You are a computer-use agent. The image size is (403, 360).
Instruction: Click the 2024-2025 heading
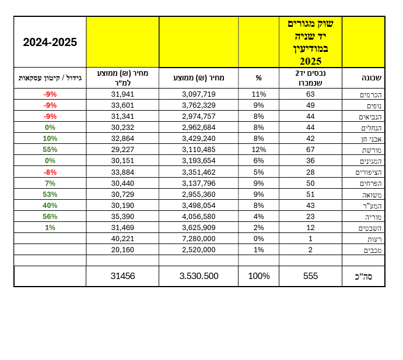pyautogui.click(x=50, y=42)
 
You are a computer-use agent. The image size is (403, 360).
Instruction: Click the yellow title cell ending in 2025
pyautogui.click(x=310, y=43)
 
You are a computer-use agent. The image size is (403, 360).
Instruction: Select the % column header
pyautogui.click(x=258, y=78)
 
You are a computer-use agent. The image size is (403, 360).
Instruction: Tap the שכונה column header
pyautogui.click(x=372, y=78)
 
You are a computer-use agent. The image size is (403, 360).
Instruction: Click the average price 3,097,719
pyautogui.click(x=199, y=94)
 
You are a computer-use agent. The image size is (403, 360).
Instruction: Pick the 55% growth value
pyautogui.click(x=50, y=150)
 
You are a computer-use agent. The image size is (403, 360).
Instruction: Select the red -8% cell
pyautogui.click(x=50, y=172)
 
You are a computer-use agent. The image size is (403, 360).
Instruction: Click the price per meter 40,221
pyautogui.click(x=122, y=239)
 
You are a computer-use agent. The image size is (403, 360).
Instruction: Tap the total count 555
pyautogui.click(x=310, y=276)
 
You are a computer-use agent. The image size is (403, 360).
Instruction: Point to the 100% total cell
pyautogui.click(x=259, y=276)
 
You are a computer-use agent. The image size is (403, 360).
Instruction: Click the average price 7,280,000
pyautogui.click(x=199, y=239)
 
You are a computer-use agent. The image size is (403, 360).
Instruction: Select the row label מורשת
pyautogui.click(x=372, y=150)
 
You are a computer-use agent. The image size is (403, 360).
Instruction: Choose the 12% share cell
pyautogui.click(x=258, y=150)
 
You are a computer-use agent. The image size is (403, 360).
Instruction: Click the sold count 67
pyautogui.click(x=310, y=150)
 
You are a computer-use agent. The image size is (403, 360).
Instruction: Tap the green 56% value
pyautogui.click(x=50, y=217)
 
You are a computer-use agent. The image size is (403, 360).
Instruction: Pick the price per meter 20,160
pyautogui.click(x=122, y=249)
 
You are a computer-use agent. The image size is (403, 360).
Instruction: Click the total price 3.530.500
pyautogui.click(x=199, y=276)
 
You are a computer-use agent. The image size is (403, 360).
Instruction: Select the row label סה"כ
pyautogui.click(x=363, y=277)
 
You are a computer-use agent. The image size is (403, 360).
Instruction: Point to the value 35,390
pyautogui.click(x=122, y=217)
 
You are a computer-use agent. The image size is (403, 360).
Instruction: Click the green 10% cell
pyautogui.click(x=50, y=139)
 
